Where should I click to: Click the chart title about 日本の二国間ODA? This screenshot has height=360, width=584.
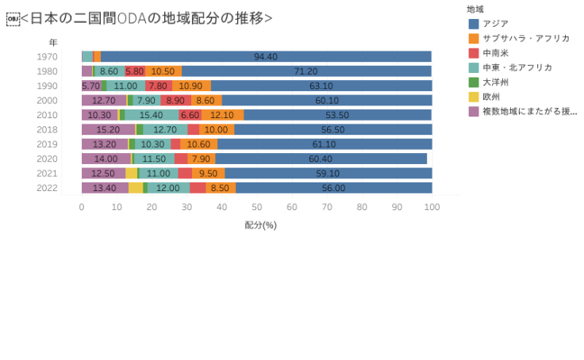coord(146,17)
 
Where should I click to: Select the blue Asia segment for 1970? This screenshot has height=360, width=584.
coord(266,56)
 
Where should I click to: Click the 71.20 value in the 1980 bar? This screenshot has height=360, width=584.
coord(305,71)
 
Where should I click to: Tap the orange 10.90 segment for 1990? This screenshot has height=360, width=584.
coord(191,86)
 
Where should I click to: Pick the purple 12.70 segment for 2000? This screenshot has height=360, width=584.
coord(104,101)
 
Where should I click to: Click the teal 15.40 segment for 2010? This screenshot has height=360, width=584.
coord(151,115)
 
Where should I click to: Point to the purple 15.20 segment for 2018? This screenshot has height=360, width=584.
coord(108,129)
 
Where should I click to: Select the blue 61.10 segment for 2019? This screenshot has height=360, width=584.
coord(324,144)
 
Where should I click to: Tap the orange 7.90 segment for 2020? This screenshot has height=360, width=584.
coord(201,159)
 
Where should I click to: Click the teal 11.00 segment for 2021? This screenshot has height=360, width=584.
coord(158,173)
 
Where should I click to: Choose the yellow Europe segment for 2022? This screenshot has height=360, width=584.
coord(136,188)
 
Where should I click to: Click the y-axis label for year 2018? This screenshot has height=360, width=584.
coord(47,129)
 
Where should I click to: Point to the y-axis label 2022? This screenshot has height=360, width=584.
coord(47,188)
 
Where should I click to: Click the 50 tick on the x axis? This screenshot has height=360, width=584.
coord(257,207)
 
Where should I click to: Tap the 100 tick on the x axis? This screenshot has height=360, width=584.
coord(432,207)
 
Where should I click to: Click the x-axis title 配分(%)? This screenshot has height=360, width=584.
coord(260,225)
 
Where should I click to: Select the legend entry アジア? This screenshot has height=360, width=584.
coord(495,24)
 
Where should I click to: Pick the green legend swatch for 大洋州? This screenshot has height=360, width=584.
coord(474,82)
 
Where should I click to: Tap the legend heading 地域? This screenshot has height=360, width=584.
coord(475,9)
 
